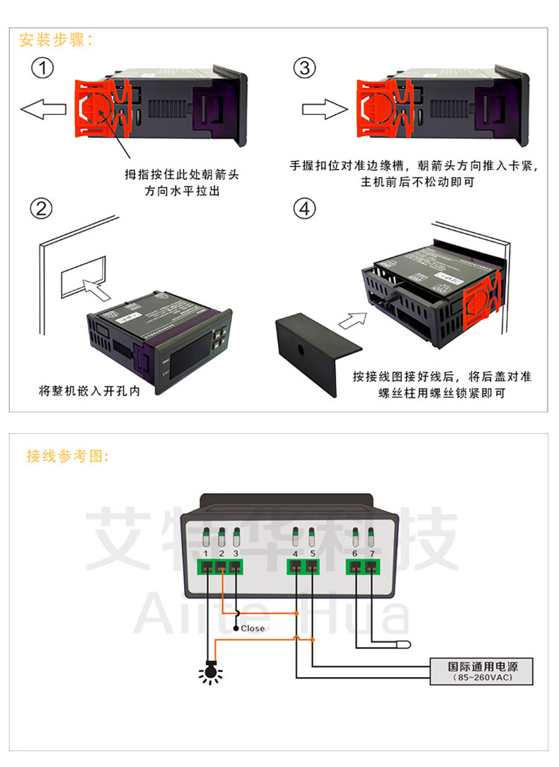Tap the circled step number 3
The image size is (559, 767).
[x=304, y=69]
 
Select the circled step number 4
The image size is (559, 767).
[x=304, y=209]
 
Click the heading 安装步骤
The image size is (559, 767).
[x=56, y=39]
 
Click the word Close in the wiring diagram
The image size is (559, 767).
[x=253, y=628]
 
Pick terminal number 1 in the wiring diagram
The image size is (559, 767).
[x=206, y=566]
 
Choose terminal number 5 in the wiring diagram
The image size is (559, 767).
[x=312, y=566]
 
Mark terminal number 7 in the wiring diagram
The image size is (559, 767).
[x=372, y=566]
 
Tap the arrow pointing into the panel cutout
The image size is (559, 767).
[x=96, y=288]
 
